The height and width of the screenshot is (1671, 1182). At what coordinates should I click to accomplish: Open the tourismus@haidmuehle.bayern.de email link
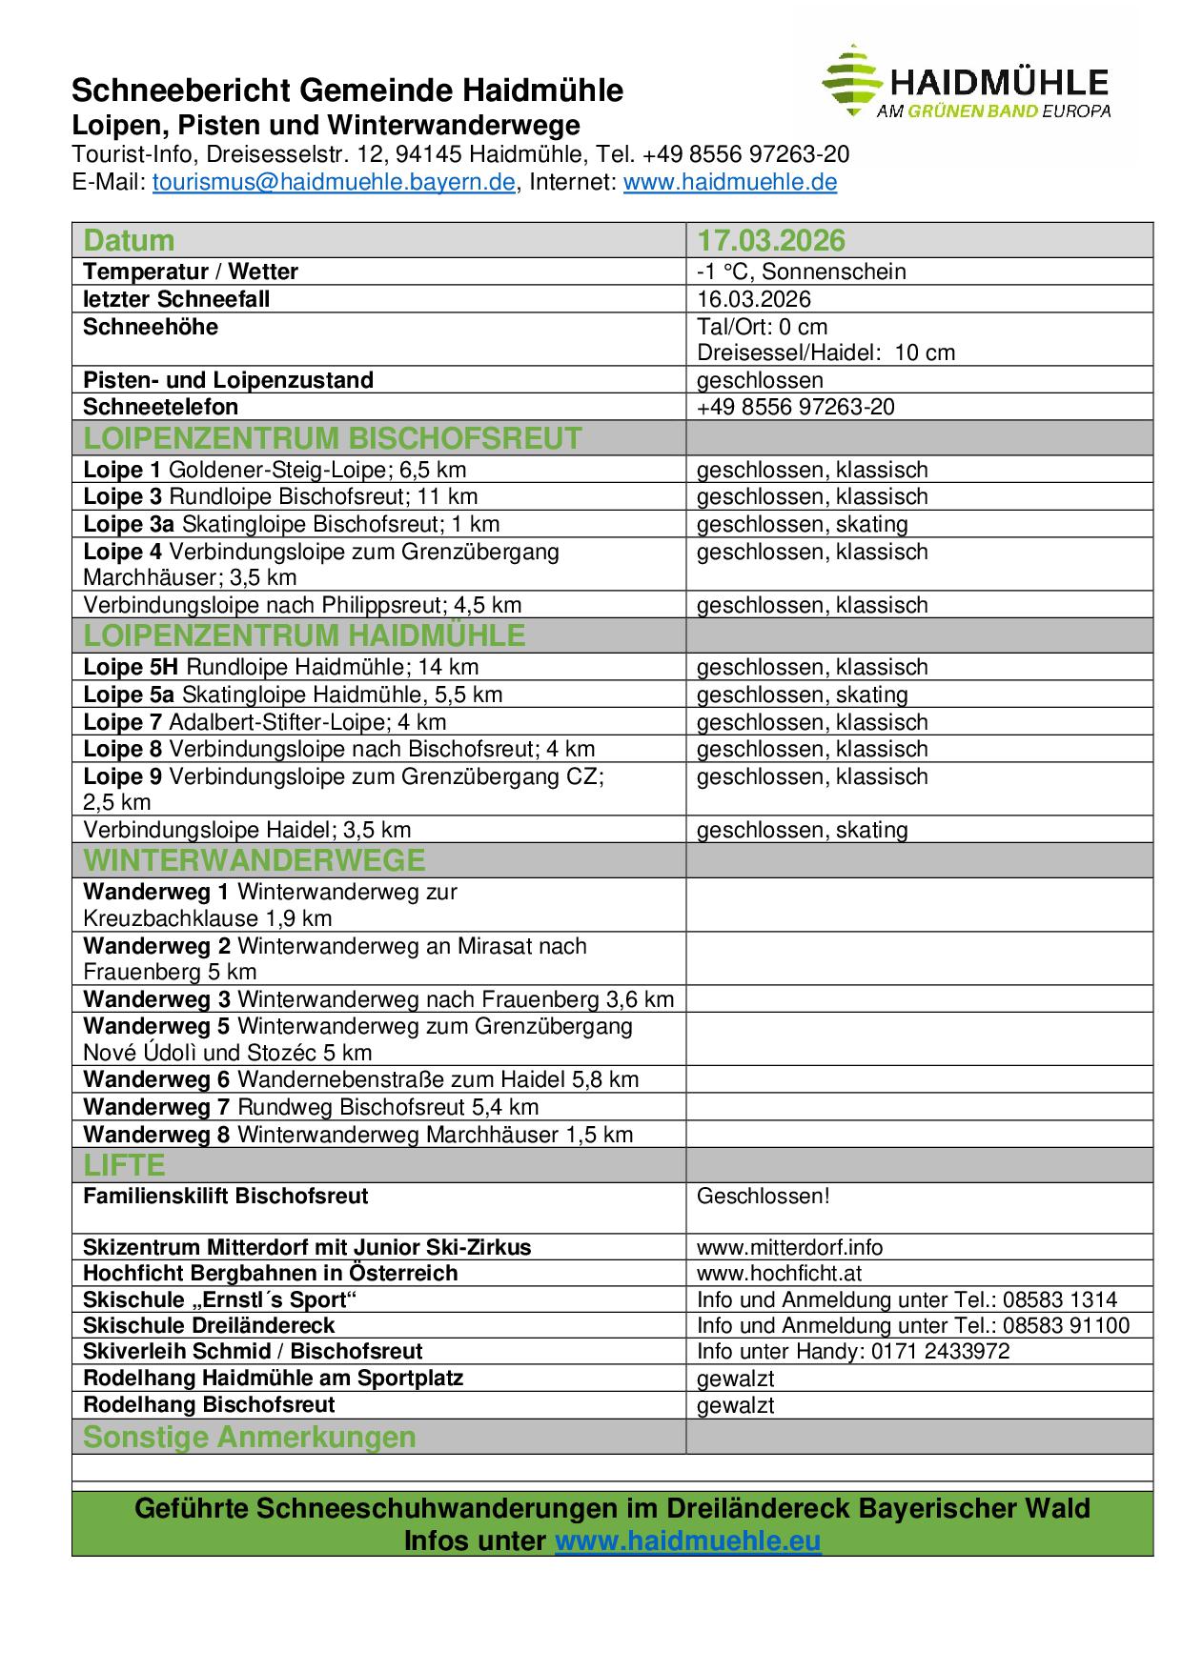(x=334, y=183)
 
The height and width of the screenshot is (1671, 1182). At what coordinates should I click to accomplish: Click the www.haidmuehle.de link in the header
(x=730, y=183)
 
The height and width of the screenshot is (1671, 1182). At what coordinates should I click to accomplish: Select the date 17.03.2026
(x=771, y=240)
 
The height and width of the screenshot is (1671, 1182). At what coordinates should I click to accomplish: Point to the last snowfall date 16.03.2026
(x=753, y=299)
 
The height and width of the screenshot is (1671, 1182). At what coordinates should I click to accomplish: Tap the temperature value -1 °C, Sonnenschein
(x=801, y=272)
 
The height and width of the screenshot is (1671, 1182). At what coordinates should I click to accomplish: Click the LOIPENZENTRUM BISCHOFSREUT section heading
(x=333, y=438)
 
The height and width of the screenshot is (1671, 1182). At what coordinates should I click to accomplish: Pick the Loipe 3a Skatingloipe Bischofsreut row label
(x=291, y=524)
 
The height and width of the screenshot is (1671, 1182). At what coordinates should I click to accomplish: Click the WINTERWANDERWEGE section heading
(x=255, y=860)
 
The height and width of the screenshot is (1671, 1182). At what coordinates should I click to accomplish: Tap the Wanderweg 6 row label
(x=360, y=1079)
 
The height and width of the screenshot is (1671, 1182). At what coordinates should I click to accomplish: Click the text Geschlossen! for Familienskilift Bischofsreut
(x=750, y=1197)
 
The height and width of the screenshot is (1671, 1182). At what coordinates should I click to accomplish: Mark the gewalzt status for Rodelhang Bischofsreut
(x=735, y=1405)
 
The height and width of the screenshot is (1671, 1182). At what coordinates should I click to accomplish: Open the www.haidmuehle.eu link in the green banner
(x=687, y=1540)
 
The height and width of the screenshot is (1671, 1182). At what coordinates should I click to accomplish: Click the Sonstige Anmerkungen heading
(x=250, y=1437)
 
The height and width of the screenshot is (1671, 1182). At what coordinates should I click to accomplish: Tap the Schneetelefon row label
(x=160, y=407)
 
